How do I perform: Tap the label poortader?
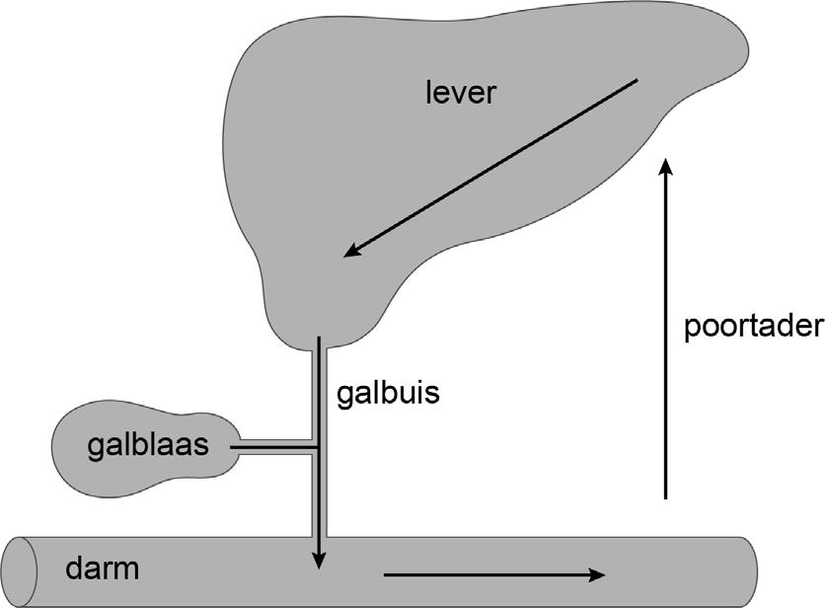(753, 327)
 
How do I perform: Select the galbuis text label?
(387, 393)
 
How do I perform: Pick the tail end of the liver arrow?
(637, 81)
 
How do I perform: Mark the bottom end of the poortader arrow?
(667, 497)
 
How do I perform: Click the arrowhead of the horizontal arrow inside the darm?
(598, 572)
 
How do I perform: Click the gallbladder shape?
(109, 446)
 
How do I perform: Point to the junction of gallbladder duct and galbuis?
(315, 447)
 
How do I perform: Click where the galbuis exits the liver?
(318, 342)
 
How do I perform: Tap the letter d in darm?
(74, 569)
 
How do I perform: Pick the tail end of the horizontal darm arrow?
(386, 572)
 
